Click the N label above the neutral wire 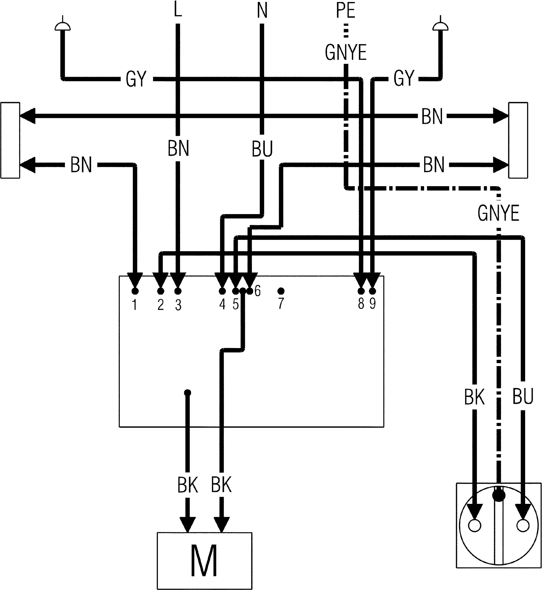click(262, 10)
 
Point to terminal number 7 click(281, 303)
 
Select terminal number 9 click(372, 303)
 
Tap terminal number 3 click(178, 305)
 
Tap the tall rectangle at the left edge click(10, 140)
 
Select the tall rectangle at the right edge click(518, 140)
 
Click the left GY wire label click(136, 79)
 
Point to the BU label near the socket click(523, 397)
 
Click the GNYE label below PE click(346, 52)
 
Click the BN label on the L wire click(178, 148)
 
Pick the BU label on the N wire click(262, 149)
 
